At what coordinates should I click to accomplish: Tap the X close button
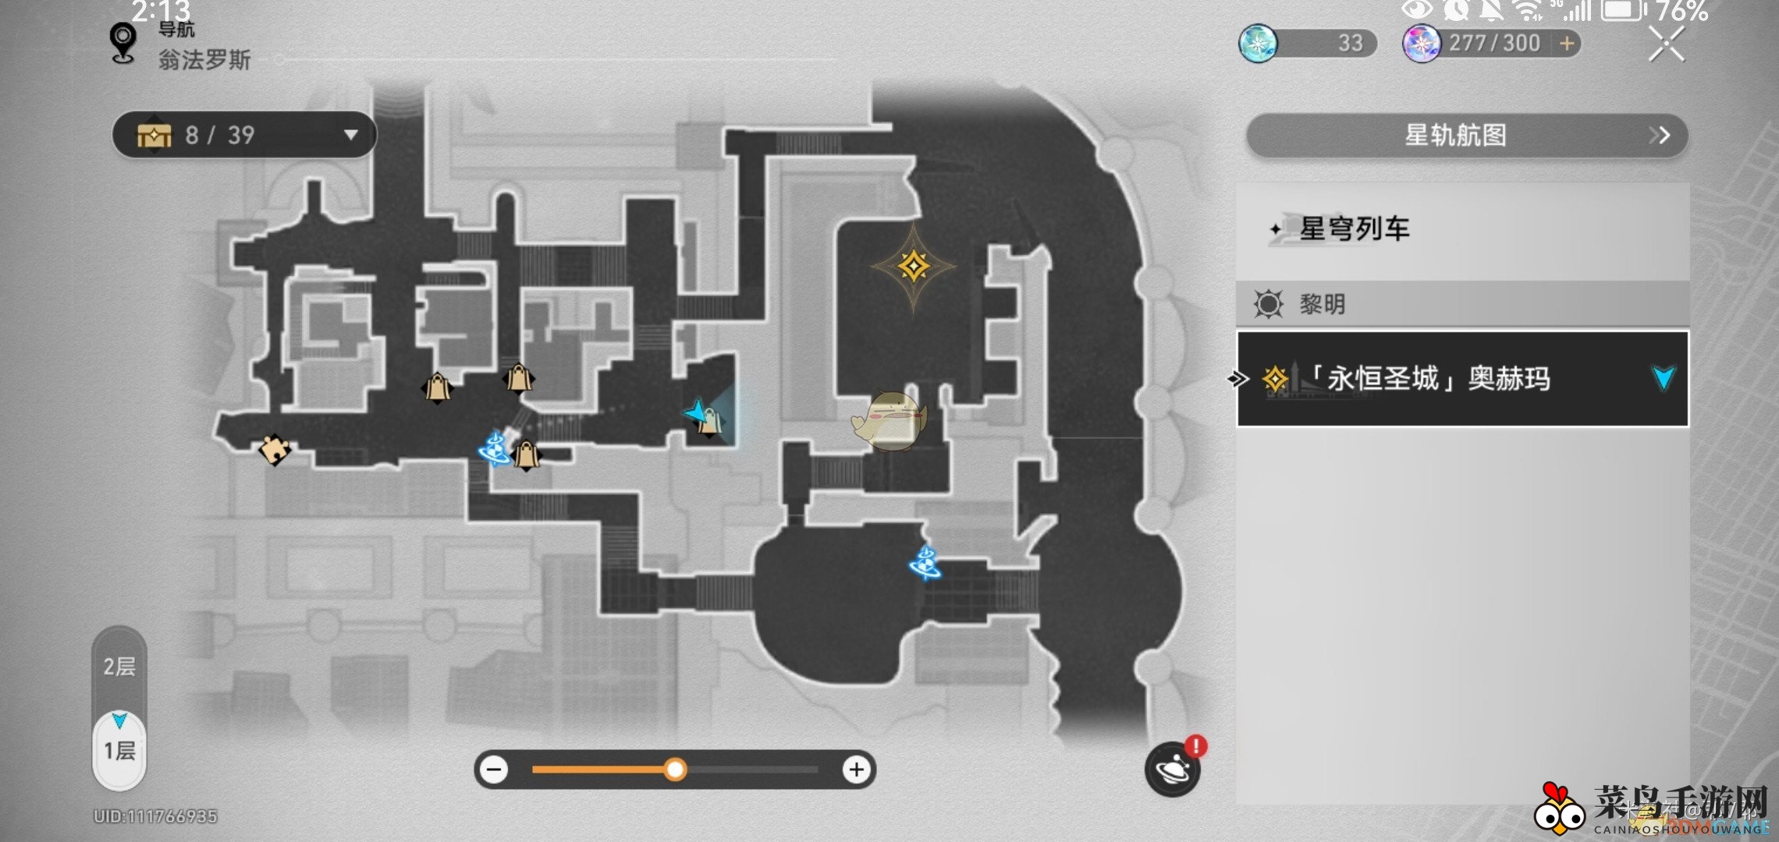coord(1666,44)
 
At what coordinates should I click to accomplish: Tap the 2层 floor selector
coord(119,667)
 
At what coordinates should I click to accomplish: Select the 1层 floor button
coord(119,750)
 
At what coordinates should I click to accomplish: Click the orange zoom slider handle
coord(675,770)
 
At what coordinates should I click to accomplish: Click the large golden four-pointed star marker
coord(914,267)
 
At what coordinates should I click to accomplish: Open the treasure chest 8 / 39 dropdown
coord(244,135)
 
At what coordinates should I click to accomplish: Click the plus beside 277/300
coord(1567,44)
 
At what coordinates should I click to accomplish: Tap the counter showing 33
coord(1308,44)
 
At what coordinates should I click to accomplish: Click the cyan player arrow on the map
coord(696,411)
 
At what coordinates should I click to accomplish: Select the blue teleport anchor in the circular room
coord(926,563)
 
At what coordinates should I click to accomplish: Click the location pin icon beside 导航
coord(123,42)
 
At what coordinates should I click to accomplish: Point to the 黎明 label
coord(1322,304)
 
